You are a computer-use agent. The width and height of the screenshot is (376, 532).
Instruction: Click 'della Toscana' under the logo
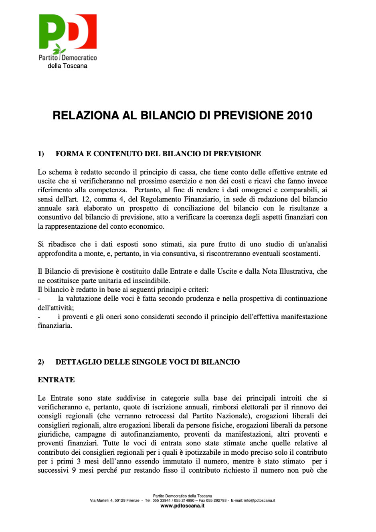[67, 66]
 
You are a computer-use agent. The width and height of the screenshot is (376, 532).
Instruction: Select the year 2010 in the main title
[299, 116]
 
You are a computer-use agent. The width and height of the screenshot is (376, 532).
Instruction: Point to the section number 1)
[41, 154]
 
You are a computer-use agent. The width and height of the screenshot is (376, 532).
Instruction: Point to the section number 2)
[41, 362]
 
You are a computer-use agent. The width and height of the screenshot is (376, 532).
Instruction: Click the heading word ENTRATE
[56, 380]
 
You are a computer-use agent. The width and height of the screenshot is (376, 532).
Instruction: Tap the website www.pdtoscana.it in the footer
[182, 506]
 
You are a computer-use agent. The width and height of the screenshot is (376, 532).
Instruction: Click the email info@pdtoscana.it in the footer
[259, 501]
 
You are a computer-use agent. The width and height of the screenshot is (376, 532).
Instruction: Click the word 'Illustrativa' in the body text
[297, 272]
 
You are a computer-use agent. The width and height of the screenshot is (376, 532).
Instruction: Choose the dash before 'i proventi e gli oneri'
[39, 317]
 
